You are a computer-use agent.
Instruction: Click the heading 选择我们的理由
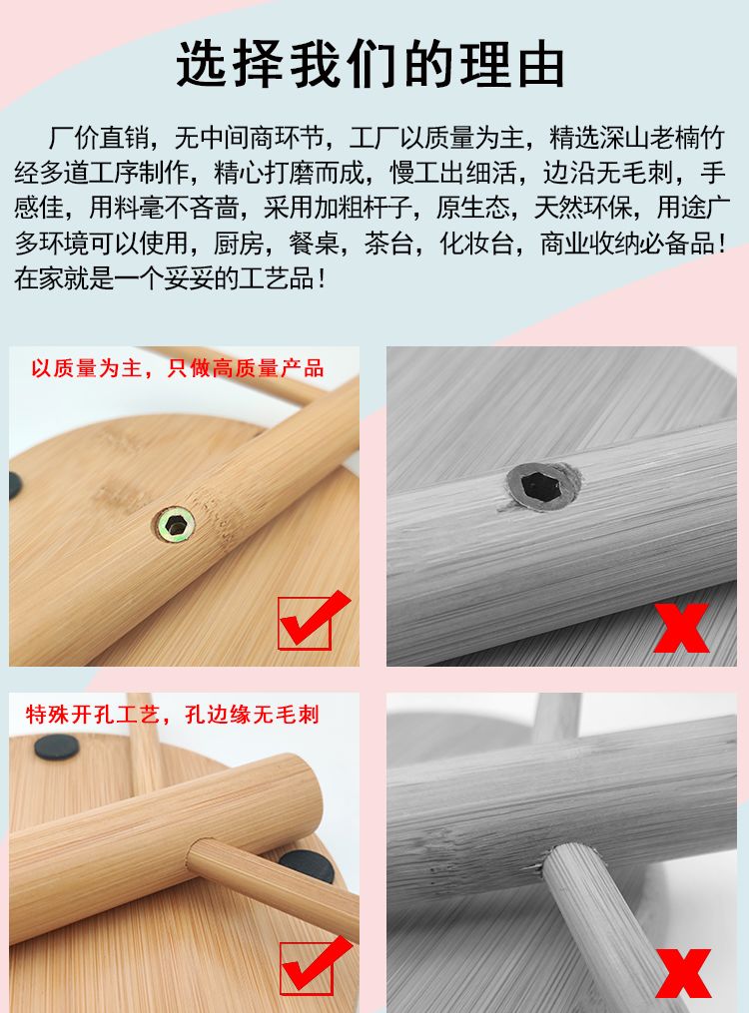pos(371,63)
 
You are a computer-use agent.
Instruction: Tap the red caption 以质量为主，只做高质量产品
pos(178,368)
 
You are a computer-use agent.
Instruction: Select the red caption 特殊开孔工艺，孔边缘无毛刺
pos(173,715)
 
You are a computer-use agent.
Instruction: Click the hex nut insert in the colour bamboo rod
pos(175,524)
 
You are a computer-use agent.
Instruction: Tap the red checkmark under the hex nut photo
pos(313,620)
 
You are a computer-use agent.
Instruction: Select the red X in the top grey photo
pos(682,628)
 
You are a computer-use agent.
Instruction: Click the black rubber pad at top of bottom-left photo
pos(57,747)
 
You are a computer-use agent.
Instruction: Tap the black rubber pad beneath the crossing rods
pos(307,866)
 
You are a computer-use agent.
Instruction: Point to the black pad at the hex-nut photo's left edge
pos(15,485)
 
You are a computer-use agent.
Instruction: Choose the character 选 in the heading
pos(203,63)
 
